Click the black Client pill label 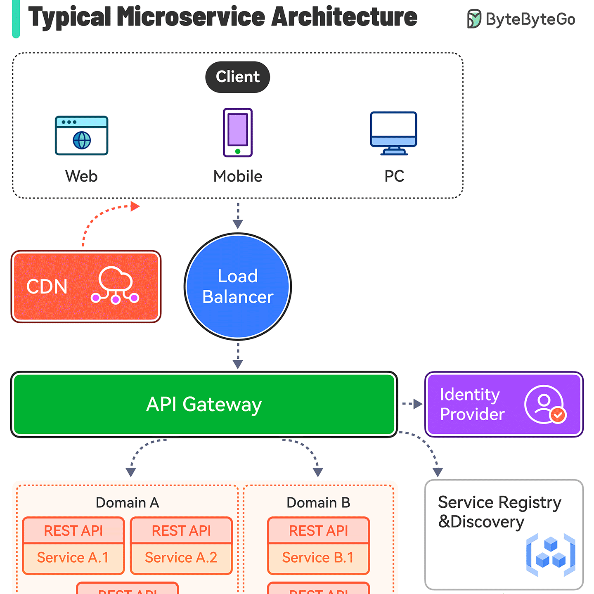(x=237, y=77)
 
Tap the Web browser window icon (x=81, y=135)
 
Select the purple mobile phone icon (x=237, y=133)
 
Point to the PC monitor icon (x=393, y=133)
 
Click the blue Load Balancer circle (x=238, y=286)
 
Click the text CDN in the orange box (x=47, y=286)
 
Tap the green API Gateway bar (x=204, y=404)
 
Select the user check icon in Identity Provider (x=545, y=405)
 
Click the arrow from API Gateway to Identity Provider (x=412, y=404)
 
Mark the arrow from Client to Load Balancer (x=238, y=215)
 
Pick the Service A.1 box (x=73, y=557)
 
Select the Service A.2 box (x=181, y=557)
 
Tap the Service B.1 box (x=318, y=557)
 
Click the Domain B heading (x=318, y=503)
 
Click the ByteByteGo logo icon (x=474, y=19)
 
